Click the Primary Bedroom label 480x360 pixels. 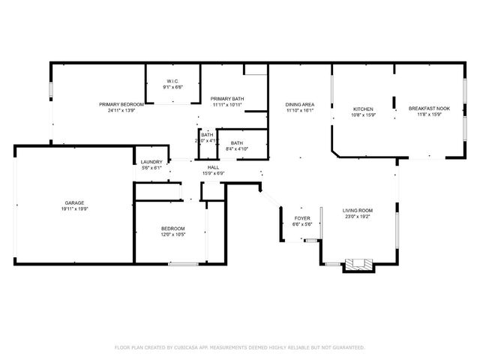121,104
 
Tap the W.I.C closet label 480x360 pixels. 172,82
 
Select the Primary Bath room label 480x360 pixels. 227,99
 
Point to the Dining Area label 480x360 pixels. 299,104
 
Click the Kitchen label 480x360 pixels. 363,109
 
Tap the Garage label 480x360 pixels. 73,203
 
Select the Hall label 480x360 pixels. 213,167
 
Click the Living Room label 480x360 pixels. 358,211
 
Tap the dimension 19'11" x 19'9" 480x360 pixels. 73,210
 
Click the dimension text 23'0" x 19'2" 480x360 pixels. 358,217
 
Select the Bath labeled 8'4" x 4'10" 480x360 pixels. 237,143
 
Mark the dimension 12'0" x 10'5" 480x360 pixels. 173,235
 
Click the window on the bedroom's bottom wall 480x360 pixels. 183,263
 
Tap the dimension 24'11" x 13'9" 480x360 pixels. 121,110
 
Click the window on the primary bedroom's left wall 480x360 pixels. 51,89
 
